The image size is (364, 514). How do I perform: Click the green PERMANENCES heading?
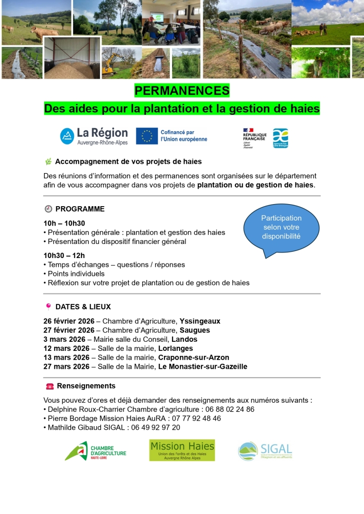(182, 91)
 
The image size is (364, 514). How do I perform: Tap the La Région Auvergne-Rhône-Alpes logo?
(94, 136)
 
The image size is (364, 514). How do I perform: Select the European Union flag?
(146, 136)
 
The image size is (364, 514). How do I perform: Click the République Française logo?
(254, 138)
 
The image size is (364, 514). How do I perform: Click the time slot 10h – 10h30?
(64, 223)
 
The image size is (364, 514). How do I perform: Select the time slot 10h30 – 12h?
(64, 256)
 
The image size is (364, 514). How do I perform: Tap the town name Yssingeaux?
(200, 321)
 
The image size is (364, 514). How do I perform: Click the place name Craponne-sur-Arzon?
(193, 357)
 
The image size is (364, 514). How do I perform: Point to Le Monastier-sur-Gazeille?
(202, 366)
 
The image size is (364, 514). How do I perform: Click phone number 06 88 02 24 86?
(230, 409)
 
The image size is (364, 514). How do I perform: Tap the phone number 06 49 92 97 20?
(156, 427)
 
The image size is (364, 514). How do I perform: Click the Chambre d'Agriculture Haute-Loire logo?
(95, 451)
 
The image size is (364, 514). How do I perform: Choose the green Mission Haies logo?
(182, 450)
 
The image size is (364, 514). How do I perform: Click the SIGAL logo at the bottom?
(265, 451)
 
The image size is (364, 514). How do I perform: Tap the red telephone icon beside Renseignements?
(49, 386)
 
